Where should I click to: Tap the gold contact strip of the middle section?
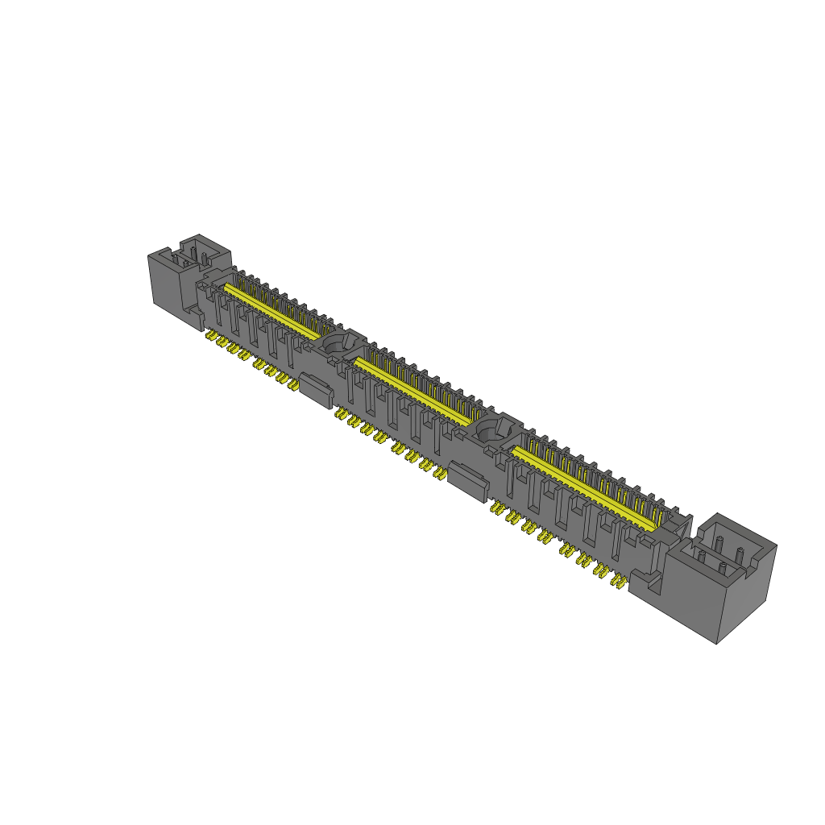pyautogui.click(x=411, y=392)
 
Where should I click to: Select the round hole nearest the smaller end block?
pyautogui.click(x=334, y=344)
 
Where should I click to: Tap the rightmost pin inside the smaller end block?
pyautogui.click(x=205, y=259)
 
